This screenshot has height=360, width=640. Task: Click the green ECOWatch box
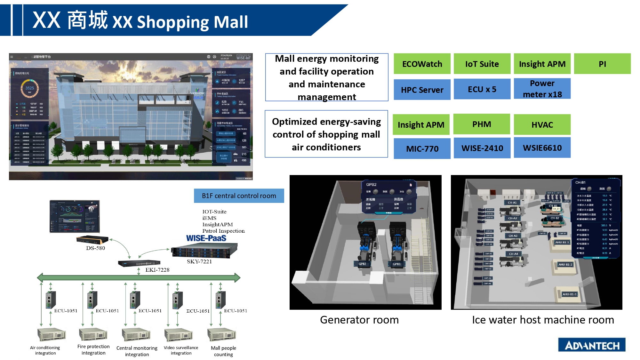click(x=422, y=64)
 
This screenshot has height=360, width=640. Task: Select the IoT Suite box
click(x=482, y=64)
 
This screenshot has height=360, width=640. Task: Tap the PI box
click(x=602, y=64)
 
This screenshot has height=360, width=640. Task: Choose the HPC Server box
click(x=422, y=90)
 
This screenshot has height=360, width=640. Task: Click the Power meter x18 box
click(x=542, y=89)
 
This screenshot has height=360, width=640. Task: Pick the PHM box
click(x=482, y=124)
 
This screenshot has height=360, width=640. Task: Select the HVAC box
click(x=542, y=124)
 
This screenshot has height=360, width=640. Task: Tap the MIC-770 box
click(x=422, y=148)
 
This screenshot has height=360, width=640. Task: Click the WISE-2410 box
click(x=482, y=148)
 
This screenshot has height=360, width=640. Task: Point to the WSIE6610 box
click(x=542, y=148)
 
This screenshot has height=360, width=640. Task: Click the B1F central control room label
click(x=239, y=196)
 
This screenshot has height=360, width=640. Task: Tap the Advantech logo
click(x=592, y=345)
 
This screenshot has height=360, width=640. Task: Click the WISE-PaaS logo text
click(x=206, y=238)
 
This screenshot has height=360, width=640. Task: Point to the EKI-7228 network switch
click(x=139, y=263)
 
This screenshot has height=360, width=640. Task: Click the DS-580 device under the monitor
click(x=92, y=240)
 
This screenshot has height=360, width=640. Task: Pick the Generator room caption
click(x=359, y=320)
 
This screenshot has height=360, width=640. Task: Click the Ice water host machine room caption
click(x=543, y=320)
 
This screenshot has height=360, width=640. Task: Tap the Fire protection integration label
click(x=93, y=349)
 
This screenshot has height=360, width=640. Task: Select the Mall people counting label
click(x=223, y=351)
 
